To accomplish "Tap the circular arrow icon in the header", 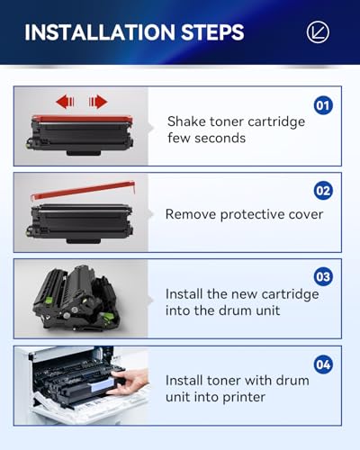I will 318,32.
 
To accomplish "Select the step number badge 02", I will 323,191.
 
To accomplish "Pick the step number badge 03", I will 323,275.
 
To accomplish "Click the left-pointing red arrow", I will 63,101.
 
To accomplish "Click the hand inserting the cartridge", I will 130,385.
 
